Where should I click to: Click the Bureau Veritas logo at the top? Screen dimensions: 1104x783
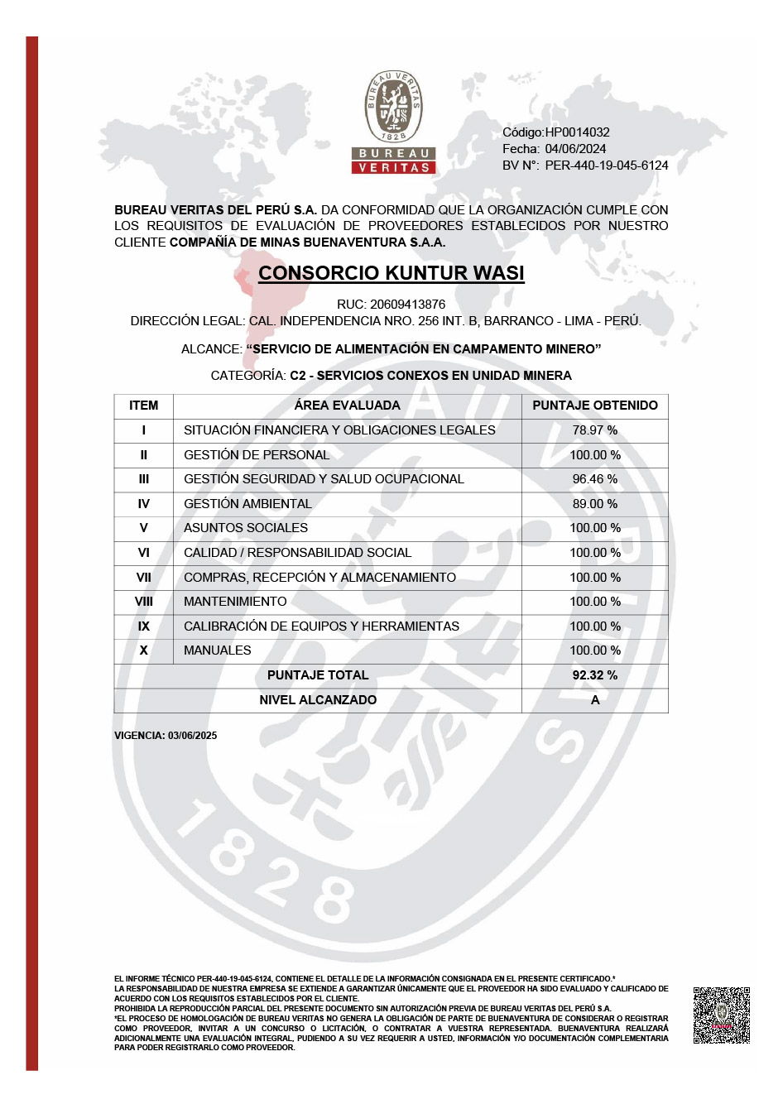pyautogui.click(x=394, y=122)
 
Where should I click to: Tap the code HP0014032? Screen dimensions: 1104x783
pyautogui.click(x=577, y=132)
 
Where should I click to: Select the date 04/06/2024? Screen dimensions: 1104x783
pyautogui.click(x=575, y=149)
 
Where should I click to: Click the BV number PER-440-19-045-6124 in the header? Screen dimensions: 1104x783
pyautogui.click(x=606, y=166)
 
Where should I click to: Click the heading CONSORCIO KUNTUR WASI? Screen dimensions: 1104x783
pyautogui.click(x=391, y=273)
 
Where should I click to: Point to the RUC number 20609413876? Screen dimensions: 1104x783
pyautogui.click(x=407, y=305)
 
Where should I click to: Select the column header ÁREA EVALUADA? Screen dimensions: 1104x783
pyautogui.click(x=347, y=406)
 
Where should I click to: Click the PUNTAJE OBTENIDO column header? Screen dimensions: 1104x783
pyautogui.click(x=594, y=406)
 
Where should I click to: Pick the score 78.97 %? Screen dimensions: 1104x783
pyautogui.click(x=594, y=430)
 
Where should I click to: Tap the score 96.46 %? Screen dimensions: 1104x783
pyautogui.click(x=594, y=479)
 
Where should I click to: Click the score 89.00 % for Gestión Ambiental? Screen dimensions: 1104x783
pyautogui.click(x=594, y=504)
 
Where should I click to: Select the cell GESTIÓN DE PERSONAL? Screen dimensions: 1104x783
pyautogui.click(x=257, y=455)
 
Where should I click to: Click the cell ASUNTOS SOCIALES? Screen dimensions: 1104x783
pyautogui.click(x=246, y=528)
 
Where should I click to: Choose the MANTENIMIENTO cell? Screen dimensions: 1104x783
pyautogui.click(x=235, y=602)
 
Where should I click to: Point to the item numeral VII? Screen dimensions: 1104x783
pyautogui.click(x=143, y=578)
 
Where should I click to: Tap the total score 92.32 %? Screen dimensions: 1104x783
pyautogui.click(x=594, y=675)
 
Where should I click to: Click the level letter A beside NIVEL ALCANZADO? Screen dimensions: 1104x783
pyautogui.click(x=594, y=700)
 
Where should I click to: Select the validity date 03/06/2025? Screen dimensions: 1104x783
pyautogui.click(x=192, y=736)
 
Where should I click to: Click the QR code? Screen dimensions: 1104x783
pyautogui.click(x=721, y=1015)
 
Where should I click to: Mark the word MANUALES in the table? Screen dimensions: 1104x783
pyautogui.click(x=217, y=650)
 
